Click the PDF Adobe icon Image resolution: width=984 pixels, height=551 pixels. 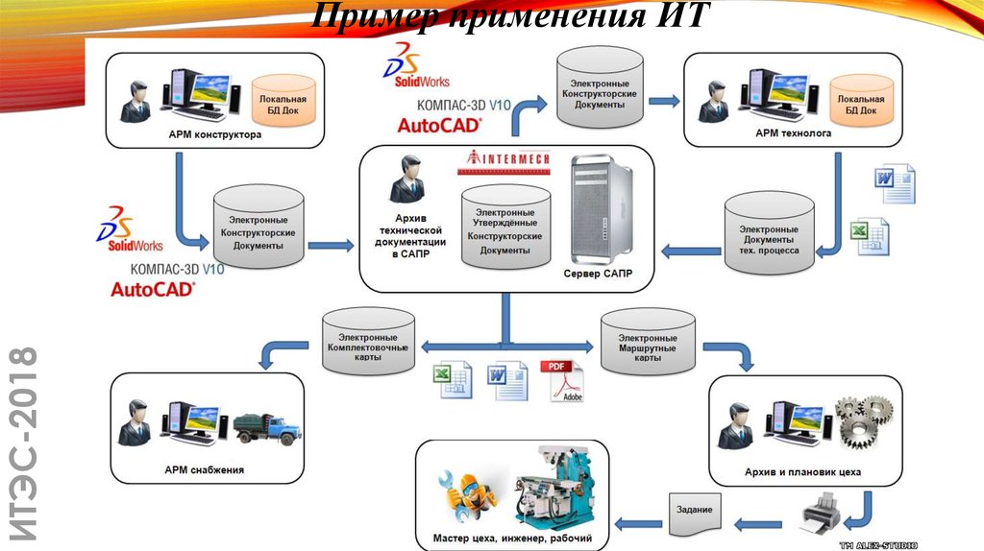[x=566, y=382]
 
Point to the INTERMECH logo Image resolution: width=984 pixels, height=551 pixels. [x=506, y=160]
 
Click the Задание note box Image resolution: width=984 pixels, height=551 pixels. [x=694, y=510]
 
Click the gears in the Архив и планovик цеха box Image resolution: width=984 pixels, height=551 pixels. [x=866, y=421]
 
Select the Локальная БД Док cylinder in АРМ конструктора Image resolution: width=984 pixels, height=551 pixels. [x=283, y=105]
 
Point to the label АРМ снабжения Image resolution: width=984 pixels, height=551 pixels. [x=204, y=470]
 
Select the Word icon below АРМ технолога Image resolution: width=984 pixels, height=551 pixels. [x=895, y=182]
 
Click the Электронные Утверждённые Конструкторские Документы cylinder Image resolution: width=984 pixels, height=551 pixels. [x=505, y=228]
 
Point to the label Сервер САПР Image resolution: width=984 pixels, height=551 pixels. [x=597, y=274]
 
